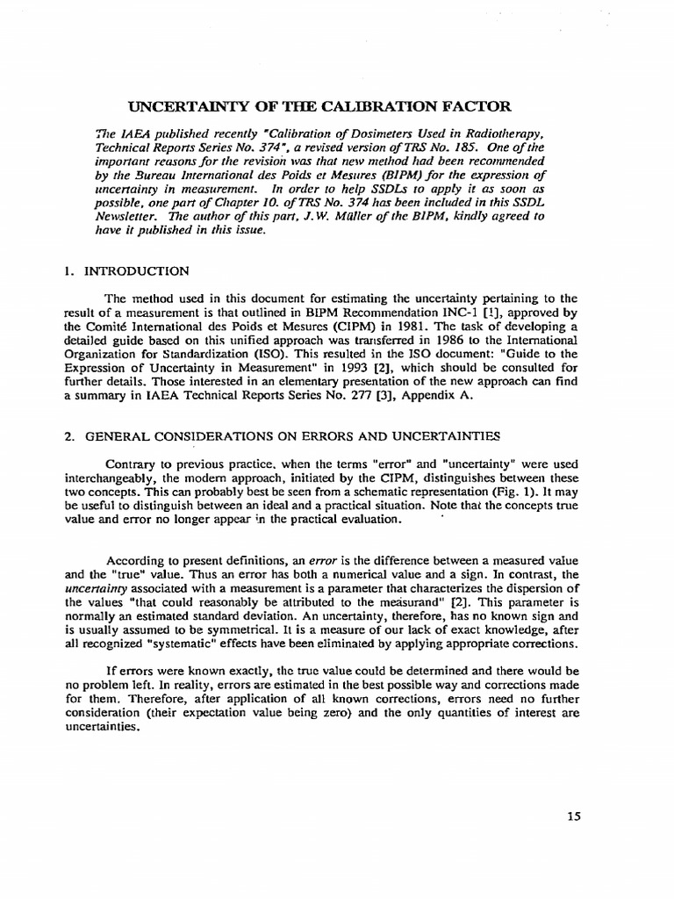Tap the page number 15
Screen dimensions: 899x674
(x=574, y=816)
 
